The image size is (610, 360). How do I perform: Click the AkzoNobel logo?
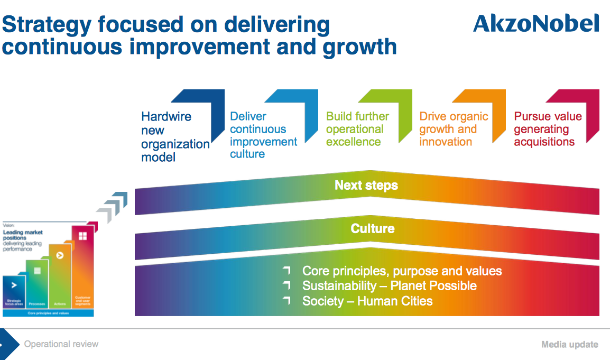tap(536, 24)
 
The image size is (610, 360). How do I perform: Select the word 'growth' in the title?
tap(360, 47)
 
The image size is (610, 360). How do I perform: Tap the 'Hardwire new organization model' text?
tap(174, 136)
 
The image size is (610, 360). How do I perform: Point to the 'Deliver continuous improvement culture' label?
tap(263, 135)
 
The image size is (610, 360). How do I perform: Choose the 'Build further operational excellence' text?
tap(357, 129)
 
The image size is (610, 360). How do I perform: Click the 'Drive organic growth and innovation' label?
tap(454, 129)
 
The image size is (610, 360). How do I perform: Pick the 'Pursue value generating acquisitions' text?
tap(547, 129)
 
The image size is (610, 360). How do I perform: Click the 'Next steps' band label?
tap(366, 186)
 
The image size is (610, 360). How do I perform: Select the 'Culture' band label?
tap(372, 228)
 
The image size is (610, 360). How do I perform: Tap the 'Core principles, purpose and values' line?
tap(402, 271)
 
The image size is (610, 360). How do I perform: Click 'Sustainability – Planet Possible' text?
tap(389, 286)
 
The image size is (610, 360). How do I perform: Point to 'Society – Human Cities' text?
tap(367, 301)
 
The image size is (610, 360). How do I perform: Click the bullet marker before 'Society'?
tap(286, 301)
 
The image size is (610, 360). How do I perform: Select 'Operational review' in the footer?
tap(61, 344)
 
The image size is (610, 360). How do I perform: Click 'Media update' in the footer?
tap(569, 345)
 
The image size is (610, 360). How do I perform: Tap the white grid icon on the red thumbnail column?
tap(82, 236)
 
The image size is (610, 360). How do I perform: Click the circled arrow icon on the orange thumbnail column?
tap(60, 255)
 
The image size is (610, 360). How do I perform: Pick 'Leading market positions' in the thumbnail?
tap(23, 235)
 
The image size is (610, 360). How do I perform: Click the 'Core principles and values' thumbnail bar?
tap(48, 313)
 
